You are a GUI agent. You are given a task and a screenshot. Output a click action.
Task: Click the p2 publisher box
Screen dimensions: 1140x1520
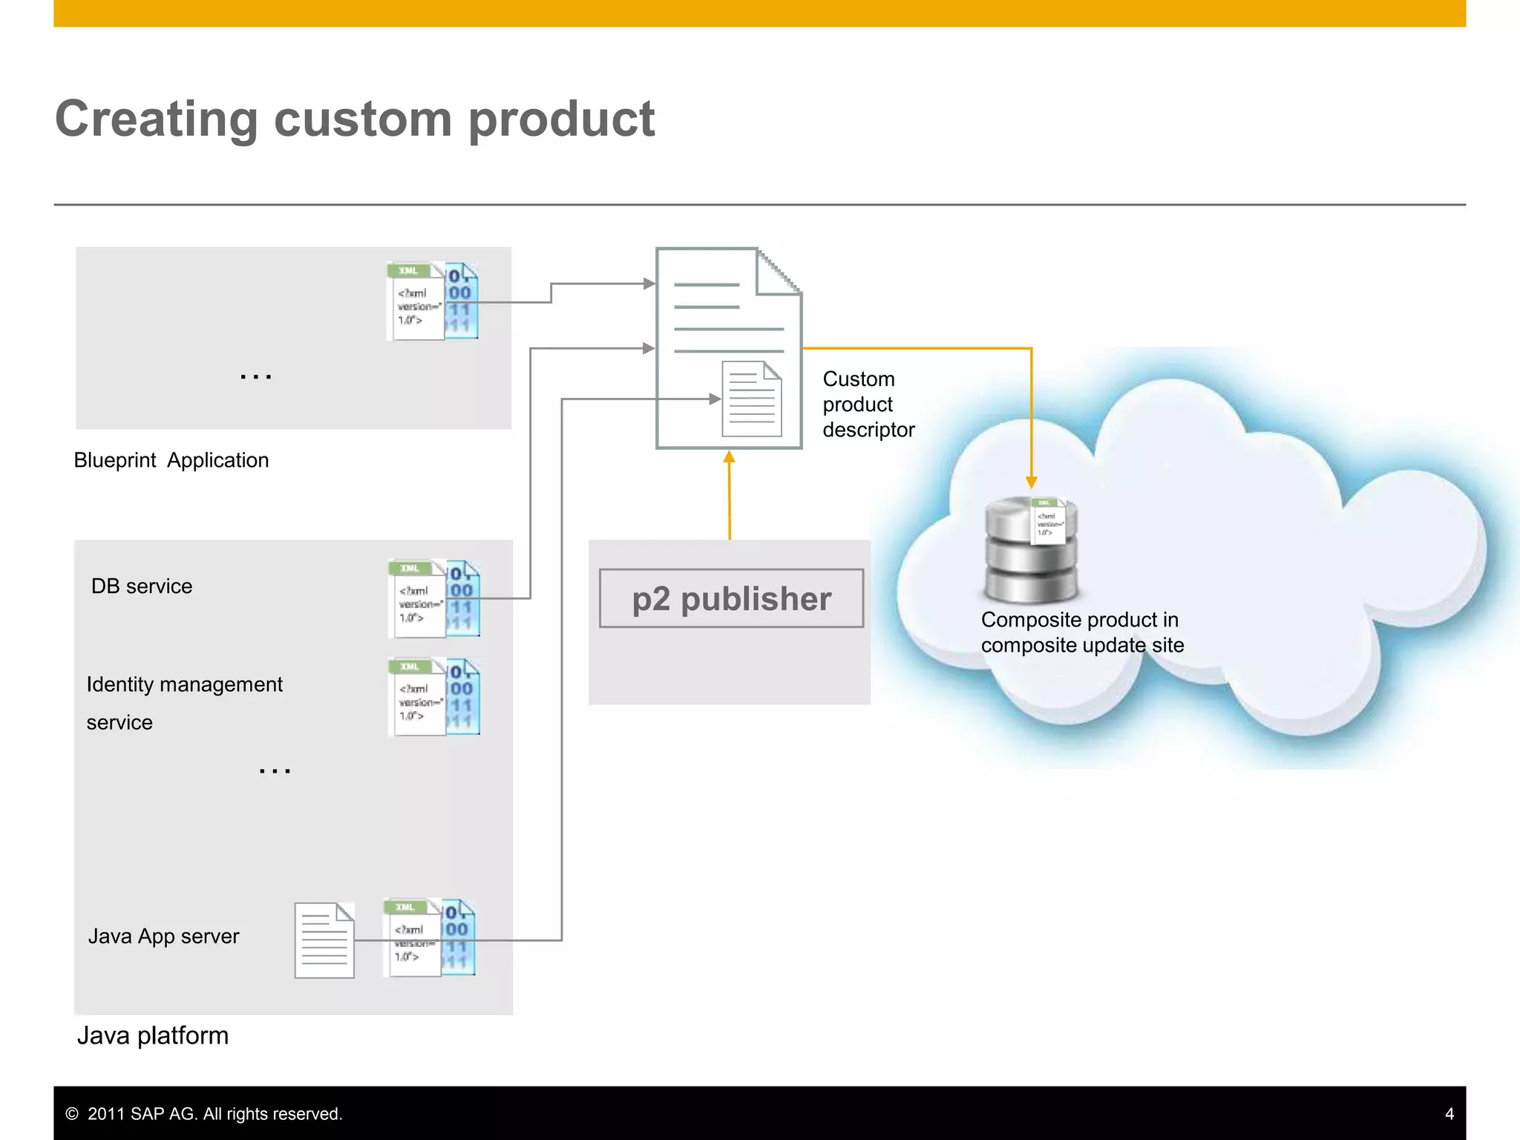[731, 598]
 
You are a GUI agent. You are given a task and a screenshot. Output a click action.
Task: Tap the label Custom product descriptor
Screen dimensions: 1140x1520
[868, 404]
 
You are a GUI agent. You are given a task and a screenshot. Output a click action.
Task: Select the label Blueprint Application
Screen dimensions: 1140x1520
[171, 460]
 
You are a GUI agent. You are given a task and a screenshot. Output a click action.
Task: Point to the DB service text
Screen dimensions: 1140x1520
[142, 586]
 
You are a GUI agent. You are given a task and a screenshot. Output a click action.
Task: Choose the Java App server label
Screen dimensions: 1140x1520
[163, 936]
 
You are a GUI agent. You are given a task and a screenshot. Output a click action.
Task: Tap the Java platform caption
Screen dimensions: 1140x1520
[153, 1035]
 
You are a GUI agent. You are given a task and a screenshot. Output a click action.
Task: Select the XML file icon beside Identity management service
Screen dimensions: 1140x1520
[433, 697]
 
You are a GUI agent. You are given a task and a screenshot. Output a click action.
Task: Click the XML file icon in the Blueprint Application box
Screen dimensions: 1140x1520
[432, 301]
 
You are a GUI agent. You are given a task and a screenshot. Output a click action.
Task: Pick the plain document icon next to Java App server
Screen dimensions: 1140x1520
[324, 940]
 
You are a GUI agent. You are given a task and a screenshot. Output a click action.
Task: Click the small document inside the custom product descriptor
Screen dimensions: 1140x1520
[752, 399]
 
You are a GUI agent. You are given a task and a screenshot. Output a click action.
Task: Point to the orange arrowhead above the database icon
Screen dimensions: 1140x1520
[1031, 482]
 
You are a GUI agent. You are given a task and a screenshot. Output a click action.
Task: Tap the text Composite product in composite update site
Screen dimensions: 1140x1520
[1081, 632]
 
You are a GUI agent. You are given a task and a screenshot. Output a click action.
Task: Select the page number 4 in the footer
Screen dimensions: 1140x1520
[1449, 1113]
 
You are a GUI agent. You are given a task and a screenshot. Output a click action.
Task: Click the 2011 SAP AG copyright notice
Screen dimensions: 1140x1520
[205, 1113]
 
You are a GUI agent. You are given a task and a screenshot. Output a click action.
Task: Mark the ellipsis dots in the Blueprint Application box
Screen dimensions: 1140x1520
[256, 377]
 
